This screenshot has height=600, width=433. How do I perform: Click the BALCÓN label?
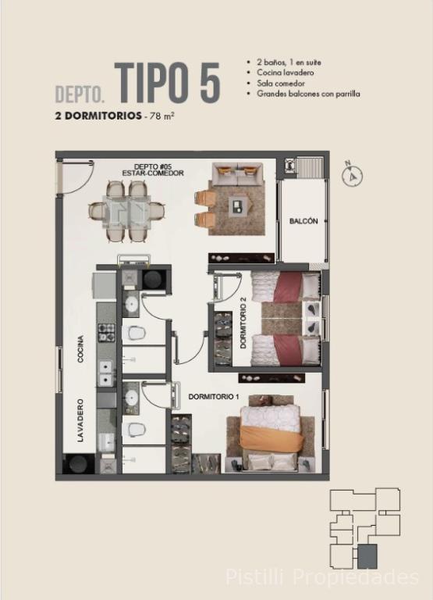coord(303,221)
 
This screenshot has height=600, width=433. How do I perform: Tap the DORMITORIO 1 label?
coord(214,397)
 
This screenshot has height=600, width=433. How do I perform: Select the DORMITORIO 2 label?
coord(243,323)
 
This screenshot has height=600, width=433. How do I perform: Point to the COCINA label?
coord(80,348)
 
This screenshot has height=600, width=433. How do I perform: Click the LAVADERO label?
coord(80,420)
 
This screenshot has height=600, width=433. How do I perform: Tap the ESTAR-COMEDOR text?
coord(153,173)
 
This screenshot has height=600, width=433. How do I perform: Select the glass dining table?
coord(126,212)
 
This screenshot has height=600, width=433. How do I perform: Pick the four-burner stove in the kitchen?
coord(107,332)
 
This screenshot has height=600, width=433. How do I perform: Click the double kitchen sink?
coord(106,374)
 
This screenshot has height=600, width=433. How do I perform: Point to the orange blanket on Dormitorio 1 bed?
coord(272,440)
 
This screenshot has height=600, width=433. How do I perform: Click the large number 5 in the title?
coord(210,83)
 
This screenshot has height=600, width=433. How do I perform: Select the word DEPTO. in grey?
coord(80,95)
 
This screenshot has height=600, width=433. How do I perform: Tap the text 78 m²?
coord(162,116)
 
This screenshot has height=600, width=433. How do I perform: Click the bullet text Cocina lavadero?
coord(285,73)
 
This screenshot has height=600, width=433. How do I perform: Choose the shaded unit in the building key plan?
coord(367,556)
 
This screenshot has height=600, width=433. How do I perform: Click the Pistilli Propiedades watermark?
coord(322,577)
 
